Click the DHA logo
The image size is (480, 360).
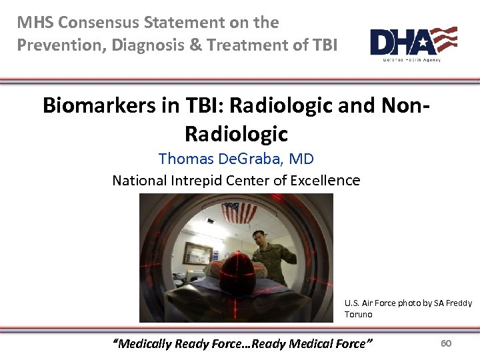(x=413, y=43)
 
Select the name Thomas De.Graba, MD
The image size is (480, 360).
(x=236, y=159)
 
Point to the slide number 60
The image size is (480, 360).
(x=446, y=343)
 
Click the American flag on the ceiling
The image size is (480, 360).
(x=238, y=213)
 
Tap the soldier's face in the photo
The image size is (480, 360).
(x=259, y=238)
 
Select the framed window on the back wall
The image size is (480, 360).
(x=198, y=254)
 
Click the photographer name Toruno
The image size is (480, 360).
(x=359, y=314)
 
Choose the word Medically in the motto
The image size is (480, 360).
(x=143, y=344)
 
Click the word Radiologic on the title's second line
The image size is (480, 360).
(x=236, y=134)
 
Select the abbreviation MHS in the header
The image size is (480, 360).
(x=35, y=23)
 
